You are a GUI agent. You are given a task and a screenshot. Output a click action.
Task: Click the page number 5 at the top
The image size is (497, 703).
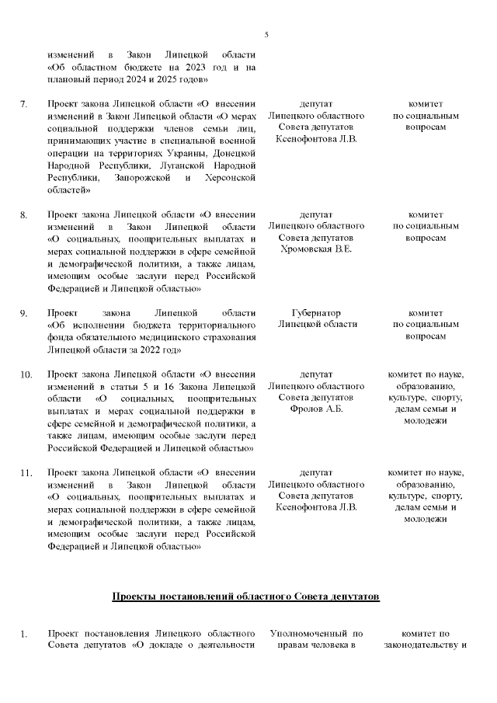point(266,35)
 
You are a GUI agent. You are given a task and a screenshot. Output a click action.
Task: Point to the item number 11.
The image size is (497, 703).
point(26,473)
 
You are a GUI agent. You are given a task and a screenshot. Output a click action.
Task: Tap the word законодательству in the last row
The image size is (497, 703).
point(420,646)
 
